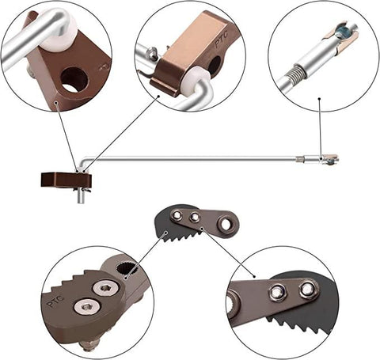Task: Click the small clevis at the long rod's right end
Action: [x=328, y=159]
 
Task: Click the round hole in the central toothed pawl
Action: [x=227, y=225]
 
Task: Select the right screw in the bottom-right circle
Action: [x=307, y=290]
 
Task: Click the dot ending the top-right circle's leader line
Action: [x=319, y=100]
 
